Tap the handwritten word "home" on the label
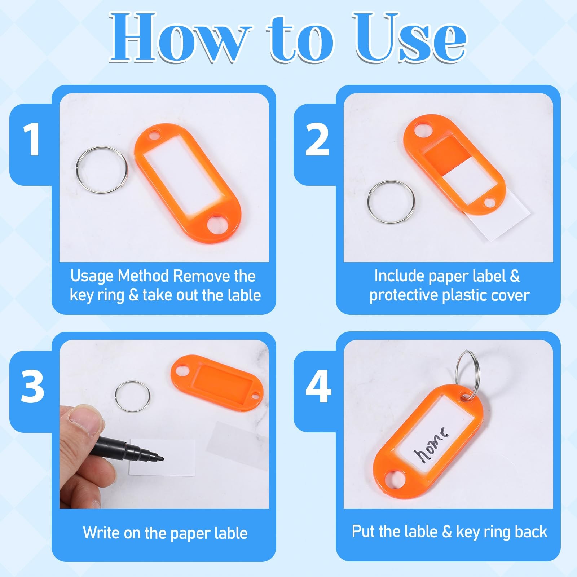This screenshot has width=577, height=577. [x=431, y=445]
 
